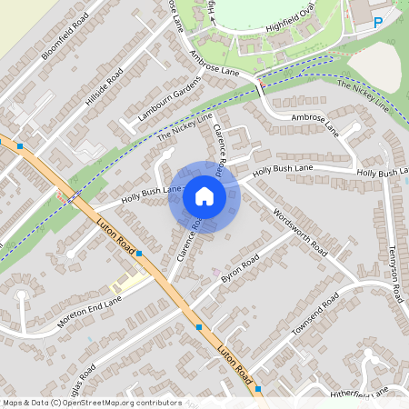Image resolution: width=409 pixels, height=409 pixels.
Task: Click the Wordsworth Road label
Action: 300,232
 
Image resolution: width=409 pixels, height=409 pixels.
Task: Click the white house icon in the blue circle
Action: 204,195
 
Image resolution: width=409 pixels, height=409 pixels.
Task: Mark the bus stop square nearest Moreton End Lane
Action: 139,254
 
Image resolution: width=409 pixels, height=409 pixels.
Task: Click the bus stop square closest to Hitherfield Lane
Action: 259,389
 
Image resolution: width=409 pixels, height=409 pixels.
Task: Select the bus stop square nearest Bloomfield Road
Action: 18,145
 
